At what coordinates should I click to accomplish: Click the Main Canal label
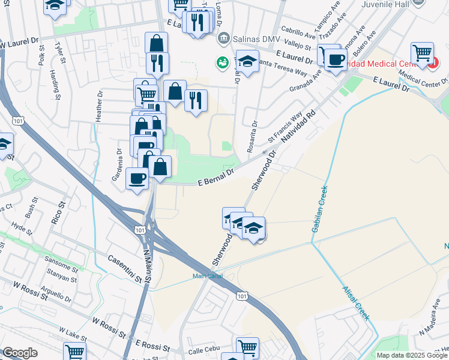point(207,276)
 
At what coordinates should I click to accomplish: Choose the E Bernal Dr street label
point(216,177)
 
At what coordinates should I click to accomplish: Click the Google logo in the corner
point(19,353)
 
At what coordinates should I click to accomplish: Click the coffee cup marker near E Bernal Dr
point(137,178)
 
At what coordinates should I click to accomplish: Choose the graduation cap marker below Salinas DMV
point(247,61)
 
